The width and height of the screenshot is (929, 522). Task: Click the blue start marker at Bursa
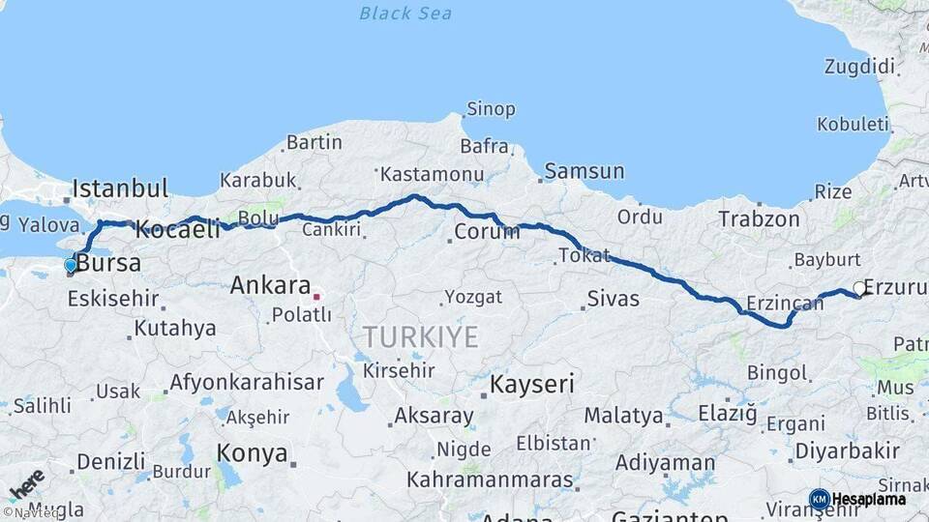click(70, 265)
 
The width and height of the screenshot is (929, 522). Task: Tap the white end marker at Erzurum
click(859, 288)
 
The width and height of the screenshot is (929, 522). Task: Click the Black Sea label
click(405, 14)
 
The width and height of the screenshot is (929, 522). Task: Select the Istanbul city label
click(120, 188)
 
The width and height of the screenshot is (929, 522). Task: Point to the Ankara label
click(270, 286)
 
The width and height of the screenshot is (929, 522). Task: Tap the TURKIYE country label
click(420, 337)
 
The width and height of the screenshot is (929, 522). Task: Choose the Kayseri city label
click(532, 384)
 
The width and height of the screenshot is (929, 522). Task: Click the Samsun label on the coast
click(584, 172)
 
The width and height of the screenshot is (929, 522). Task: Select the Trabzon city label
click(759, 219)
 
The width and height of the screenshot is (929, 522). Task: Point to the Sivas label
click(614, 299)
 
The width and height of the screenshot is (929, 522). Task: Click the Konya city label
click(252, 452)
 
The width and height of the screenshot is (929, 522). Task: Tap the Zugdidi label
click(859, 67)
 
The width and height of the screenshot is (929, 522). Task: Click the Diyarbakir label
click(847, 450)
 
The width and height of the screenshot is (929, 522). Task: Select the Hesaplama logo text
click(869, 499)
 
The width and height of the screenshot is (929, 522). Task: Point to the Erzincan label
click(785, 304)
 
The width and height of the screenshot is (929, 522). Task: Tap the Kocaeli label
click(178, 229)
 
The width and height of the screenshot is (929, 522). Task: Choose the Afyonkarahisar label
click(247, 383)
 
